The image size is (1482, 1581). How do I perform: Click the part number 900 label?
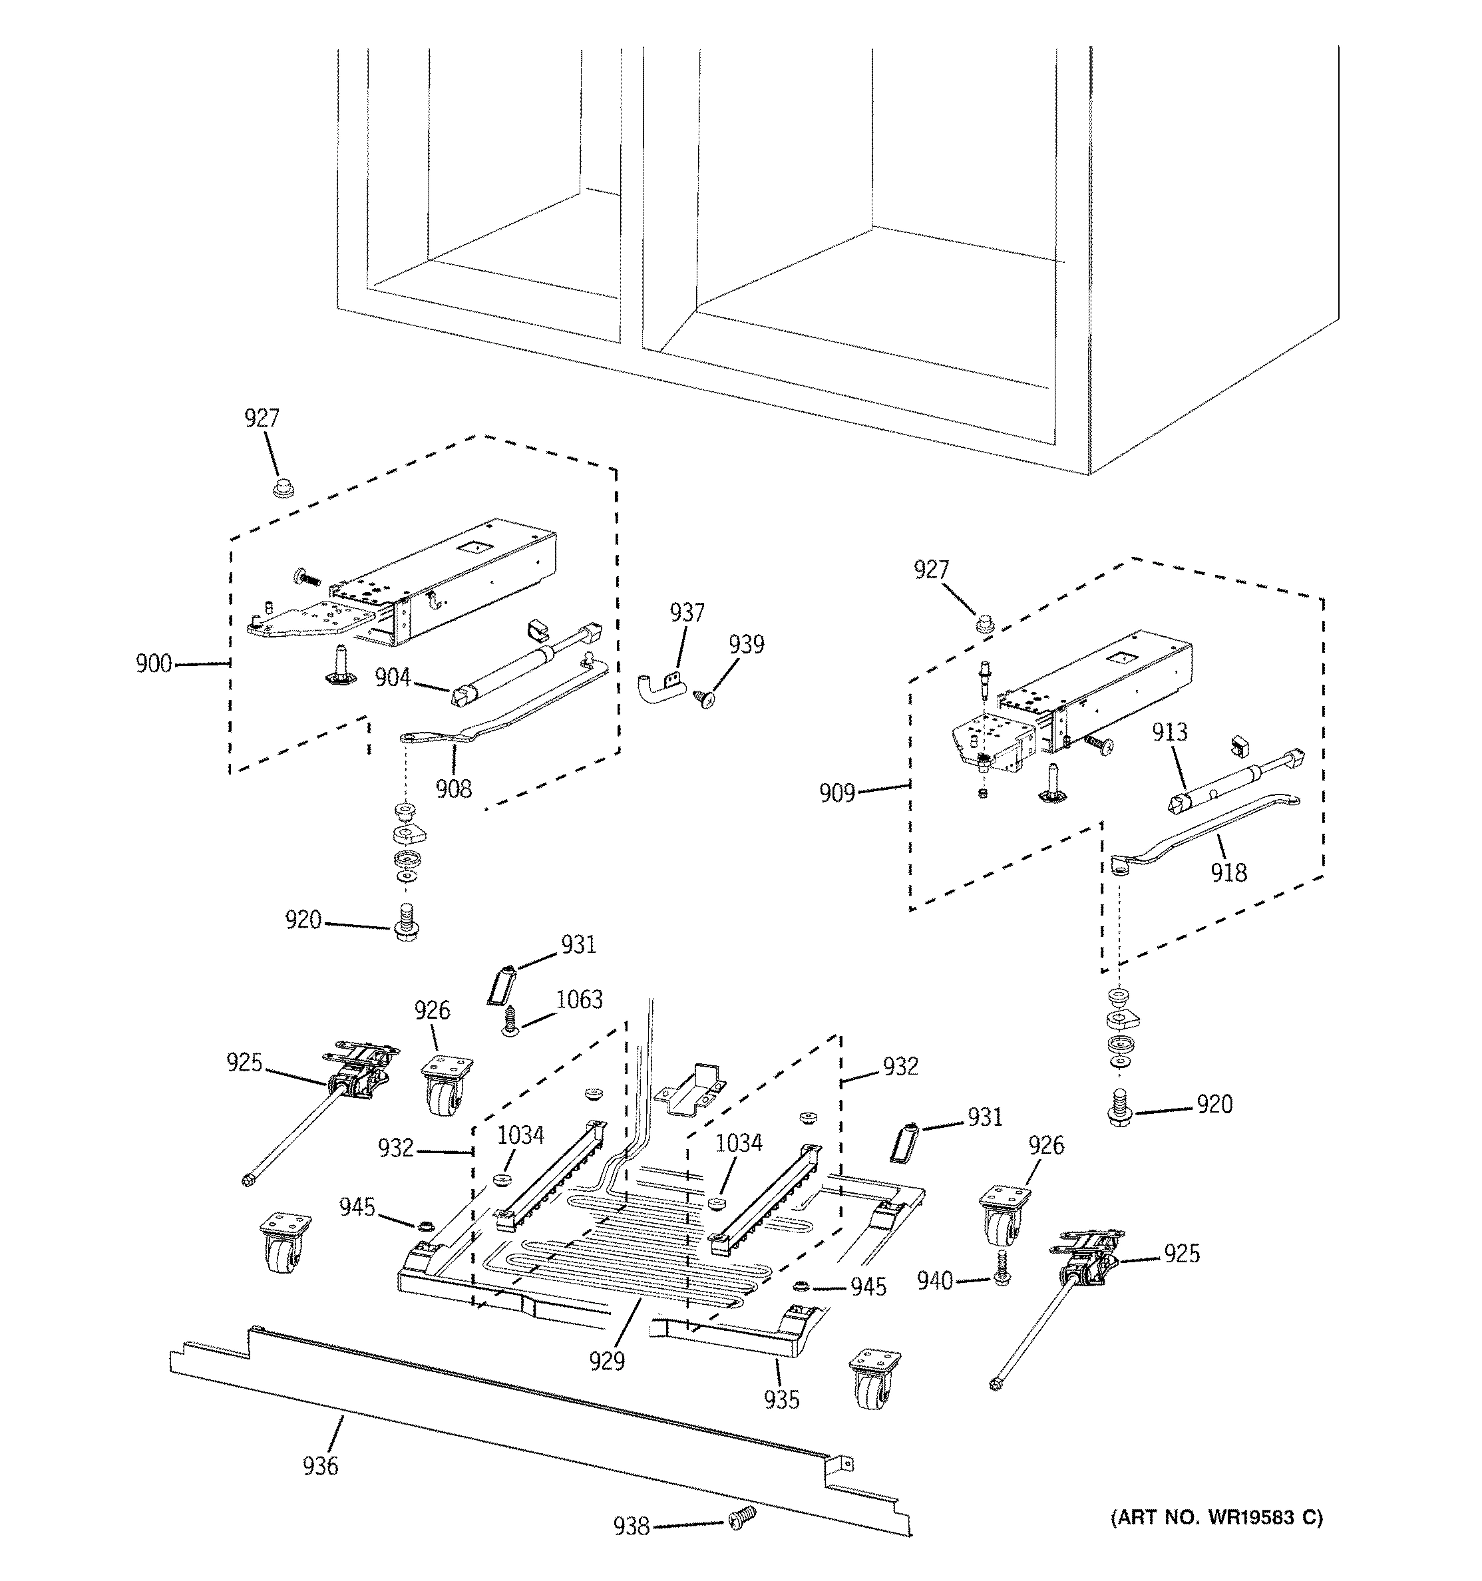pos(154,663)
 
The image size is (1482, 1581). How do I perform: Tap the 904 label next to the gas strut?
pos(393,677)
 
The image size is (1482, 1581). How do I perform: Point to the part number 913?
pos(1170,732)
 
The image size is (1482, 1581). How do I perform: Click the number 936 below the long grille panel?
pos(321,1465)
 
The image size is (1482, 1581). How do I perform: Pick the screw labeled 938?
pos(741,1519)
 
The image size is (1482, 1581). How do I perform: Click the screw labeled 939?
pos(704,698)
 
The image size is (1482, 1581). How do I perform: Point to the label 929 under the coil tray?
pos(607,1361)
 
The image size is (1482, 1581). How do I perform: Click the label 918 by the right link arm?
pos(1228,872)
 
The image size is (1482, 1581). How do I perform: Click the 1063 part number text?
pos(579,999)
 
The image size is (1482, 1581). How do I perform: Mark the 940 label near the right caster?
pos(935,1281)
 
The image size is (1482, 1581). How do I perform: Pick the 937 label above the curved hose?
pos(687,612)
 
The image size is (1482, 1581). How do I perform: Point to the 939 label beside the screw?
pos(746,644)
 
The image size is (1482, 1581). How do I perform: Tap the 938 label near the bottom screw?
pos(632,1526)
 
